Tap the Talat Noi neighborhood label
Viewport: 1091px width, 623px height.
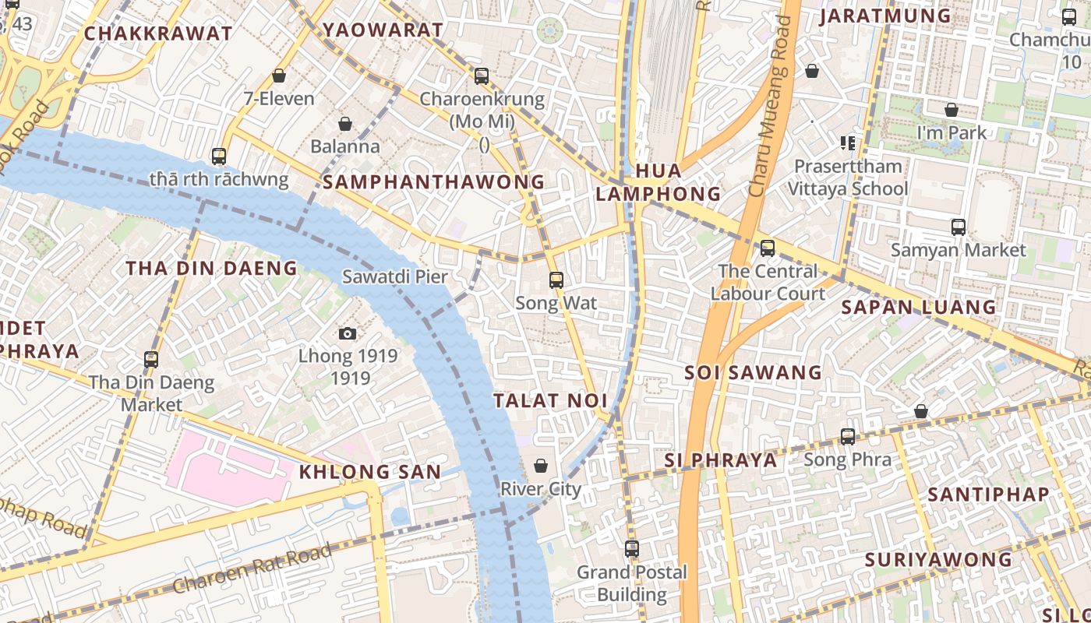[550, 401]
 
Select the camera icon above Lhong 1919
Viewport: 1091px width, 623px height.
[348, 333]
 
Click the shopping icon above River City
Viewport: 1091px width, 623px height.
[541, 466]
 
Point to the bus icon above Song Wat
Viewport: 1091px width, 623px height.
[556, 280]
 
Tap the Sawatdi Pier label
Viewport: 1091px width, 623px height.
[395, 276]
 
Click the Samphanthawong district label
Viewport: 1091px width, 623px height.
[433, 182]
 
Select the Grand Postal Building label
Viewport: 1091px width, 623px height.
[632, 583]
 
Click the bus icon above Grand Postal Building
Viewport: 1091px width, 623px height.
[632, 548]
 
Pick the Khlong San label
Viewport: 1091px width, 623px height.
[370, 472]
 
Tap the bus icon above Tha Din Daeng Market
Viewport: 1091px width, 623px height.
[151, 359]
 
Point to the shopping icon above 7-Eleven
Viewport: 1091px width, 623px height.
[279, 76]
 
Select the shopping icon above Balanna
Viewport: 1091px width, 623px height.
[345, 124]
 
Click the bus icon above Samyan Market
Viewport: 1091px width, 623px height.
[959, 227]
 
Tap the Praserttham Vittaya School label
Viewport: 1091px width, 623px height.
[848, 178]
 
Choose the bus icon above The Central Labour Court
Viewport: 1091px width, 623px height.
[768, 248]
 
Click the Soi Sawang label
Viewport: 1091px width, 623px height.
[753, 373]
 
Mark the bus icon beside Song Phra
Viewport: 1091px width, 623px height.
[848, 436]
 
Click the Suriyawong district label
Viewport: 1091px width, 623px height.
[938, 560]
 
